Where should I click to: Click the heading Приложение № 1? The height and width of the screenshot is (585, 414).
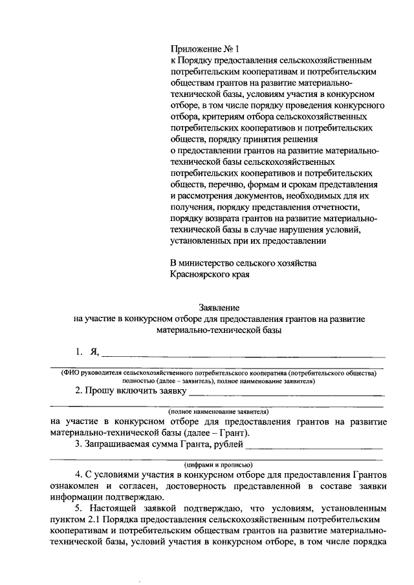[x=204, y=48]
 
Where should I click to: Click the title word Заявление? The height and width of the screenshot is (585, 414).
[x=219, y=308]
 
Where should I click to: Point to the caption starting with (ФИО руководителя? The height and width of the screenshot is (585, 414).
[x=219, y=373]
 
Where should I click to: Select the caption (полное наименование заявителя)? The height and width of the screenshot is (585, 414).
[x=219, y=412]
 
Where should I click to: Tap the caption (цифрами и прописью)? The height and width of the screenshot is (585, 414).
[x=219, y=464]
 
